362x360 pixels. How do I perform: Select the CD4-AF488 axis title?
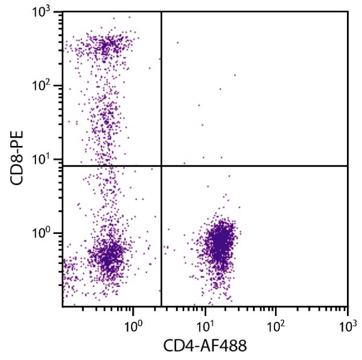pos(205,346)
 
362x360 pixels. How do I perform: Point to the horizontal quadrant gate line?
pos(253,165)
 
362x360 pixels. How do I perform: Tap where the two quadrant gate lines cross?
pos(161,165)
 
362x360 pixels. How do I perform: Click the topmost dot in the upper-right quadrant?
pos(177,43)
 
